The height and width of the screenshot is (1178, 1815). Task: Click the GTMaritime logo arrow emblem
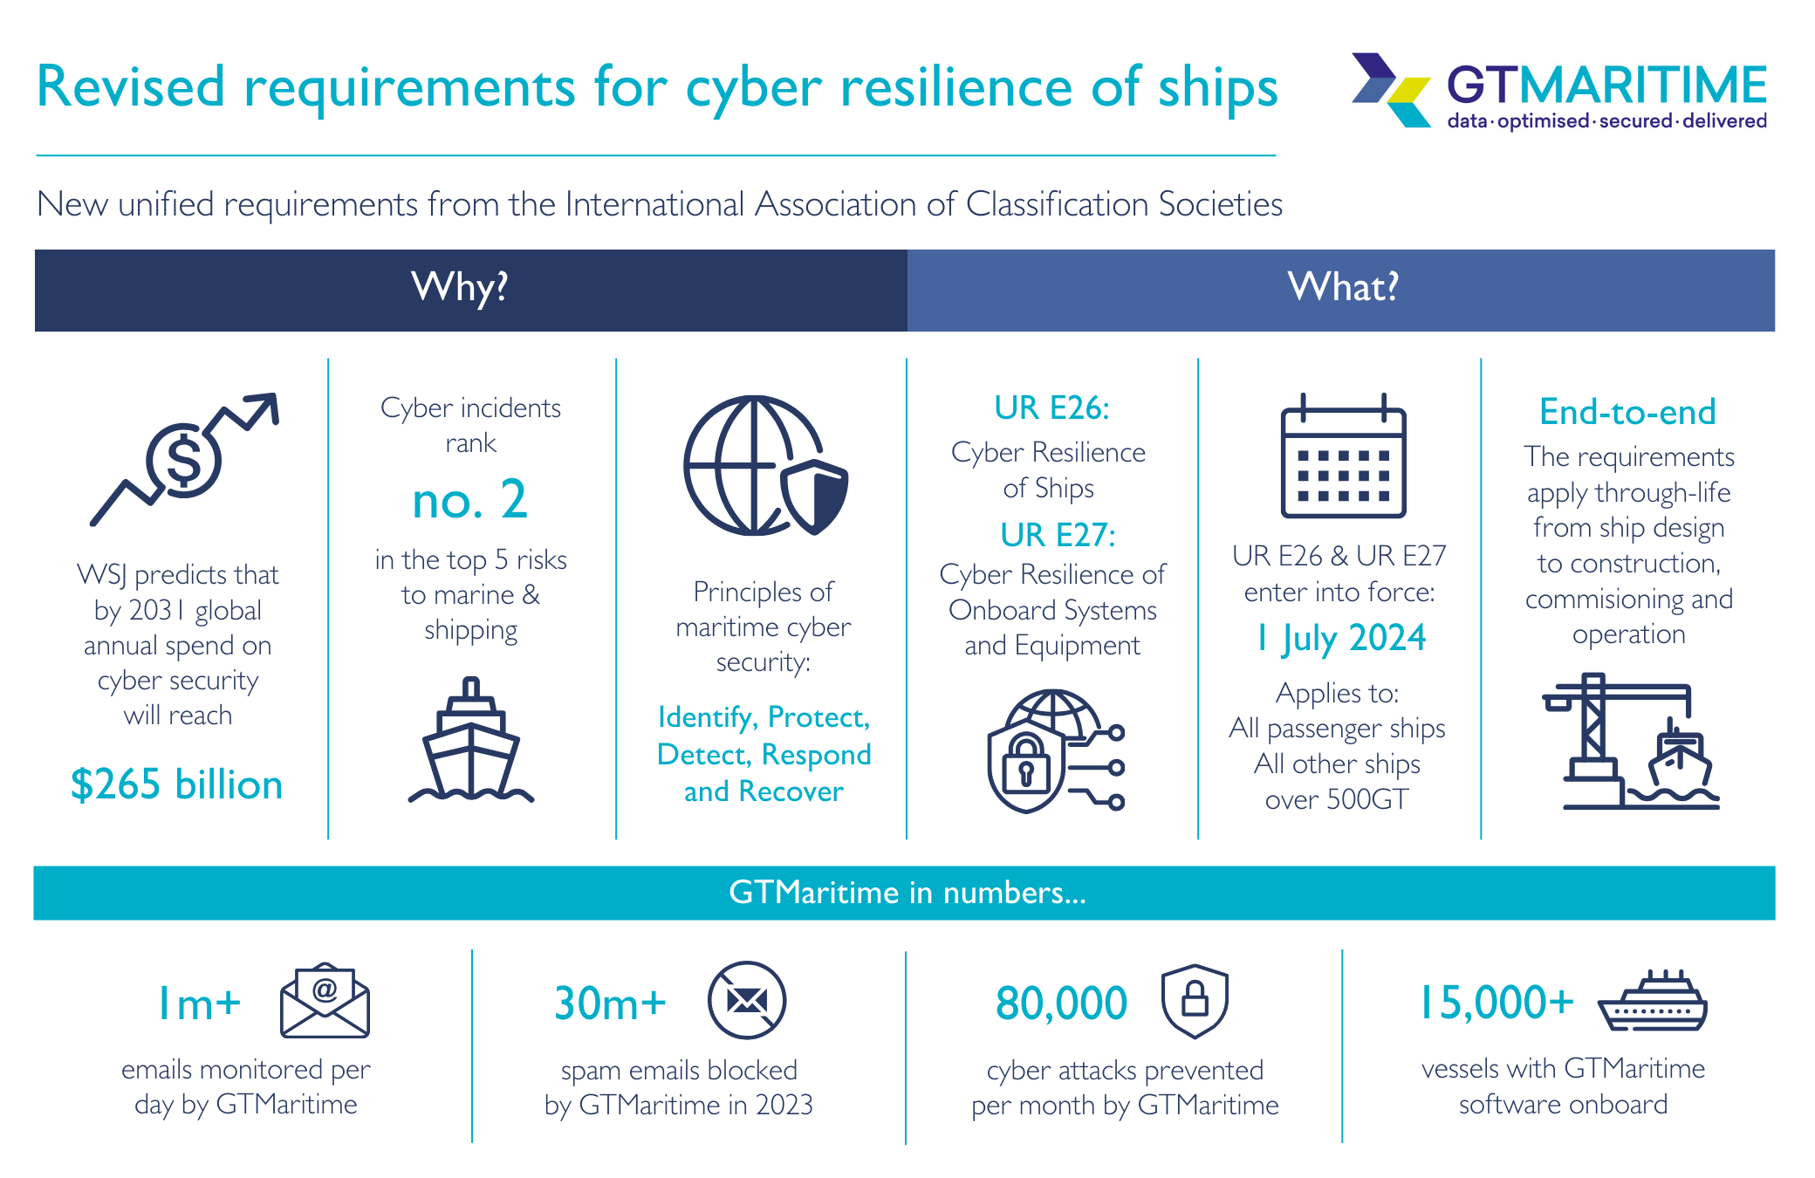click(1392, 90)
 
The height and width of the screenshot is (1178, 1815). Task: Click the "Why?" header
click(460, 288)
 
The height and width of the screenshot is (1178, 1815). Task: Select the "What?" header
click(1343, 288)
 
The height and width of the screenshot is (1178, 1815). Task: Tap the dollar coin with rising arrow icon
click(184, 459)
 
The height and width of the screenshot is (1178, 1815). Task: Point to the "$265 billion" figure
click(177, 784)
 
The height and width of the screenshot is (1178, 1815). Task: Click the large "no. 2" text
click(469, 500)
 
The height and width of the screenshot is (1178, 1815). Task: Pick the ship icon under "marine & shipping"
click(471, 739)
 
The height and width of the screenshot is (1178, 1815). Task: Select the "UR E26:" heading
click(1051, 408)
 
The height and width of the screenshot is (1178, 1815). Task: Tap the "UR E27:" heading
click(1058, 534)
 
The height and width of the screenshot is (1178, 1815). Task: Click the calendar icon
click(1343, 455)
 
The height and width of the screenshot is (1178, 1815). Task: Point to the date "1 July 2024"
click(1341, 638)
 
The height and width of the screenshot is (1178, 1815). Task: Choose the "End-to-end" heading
click(1627, 412)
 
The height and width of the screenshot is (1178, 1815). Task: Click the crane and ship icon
click(1630, 741)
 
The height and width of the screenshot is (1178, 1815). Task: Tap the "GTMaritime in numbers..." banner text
click(907, 893)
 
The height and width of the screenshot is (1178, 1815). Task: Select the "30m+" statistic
click(610, 1003)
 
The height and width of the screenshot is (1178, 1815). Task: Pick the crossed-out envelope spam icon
click(747, 1000)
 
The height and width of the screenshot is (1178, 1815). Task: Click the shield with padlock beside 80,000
click(1195, 1001)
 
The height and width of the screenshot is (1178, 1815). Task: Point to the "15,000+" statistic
click(1497, 1003)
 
